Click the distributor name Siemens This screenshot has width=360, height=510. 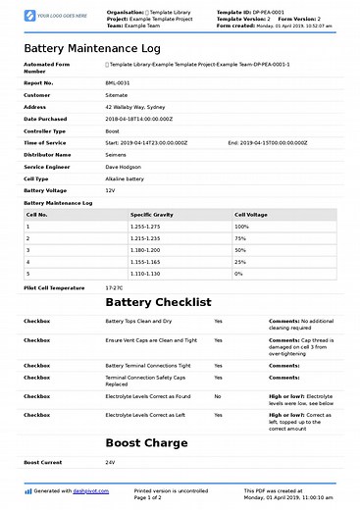[x=118, y=154]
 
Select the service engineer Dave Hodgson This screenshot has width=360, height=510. [x=124, y=166]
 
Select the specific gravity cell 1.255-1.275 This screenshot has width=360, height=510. [x=146, y=227]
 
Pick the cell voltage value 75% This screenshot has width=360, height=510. [x=240, y=238]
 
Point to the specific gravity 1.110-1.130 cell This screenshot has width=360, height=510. [x=146, y=274]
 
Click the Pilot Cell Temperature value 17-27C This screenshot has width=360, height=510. [x=114, y=288]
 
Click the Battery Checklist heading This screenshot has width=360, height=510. [x=158, y=303]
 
